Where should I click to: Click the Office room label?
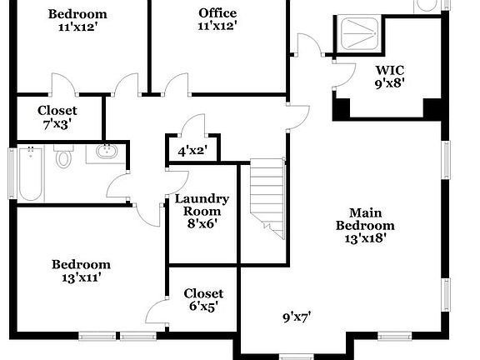[x=217, y=12]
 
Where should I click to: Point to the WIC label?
[x=388, y=70]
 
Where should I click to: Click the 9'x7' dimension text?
[x=297, y=317]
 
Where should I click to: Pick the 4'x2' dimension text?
[x=192, y=152]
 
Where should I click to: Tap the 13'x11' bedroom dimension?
[x=81, y=278]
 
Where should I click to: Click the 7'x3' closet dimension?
[x=57, y=124]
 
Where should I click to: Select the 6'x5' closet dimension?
[x=203, y=307]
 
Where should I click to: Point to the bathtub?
[x=30, y=175]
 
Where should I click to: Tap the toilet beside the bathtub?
[x=64, y=157]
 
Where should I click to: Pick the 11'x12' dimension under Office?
[x=217, y=27]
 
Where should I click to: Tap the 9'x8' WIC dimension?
[x=388, y=83]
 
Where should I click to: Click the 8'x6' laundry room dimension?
[x=202, y=223]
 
